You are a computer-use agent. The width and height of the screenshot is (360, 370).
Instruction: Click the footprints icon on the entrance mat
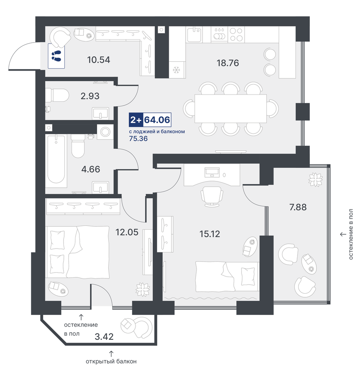coord(56,56)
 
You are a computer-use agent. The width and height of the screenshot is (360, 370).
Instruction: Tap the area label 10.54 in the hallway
coord(99,60)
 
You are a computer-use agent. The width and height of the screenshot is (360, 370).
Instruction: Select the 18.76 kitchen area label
coord(228,63)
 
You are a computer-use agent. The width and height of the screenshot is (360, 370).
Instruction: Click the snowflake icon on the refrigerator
coord(176,70)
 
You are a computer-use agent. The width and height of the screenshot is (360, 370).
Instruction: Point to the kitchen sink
coord(194,34)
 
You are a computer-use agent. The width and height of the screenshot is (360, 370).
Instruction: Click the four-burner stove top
coord(236,34)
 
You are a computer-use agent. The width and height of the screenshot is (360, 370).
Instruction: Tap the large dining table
coord(231,109)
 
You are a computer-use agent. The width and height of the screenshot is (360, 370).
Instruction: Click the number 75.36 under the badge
coord(138,139)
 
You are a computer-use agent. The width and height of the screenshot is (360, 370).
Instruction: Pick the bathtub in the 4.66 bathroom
coord(56,159)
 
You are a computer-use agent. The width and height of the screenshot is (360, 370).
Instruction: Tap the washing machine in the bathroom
coord(105,132)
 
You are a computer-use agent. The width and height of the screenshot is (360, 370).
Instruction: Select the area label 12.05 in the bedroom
coord(127,232)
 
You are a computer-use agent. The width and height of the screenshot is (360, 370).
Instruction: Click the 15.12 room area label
coord(210,234)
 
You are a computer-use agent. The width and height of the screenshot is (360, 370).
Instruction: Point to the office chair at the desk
coord(212,196)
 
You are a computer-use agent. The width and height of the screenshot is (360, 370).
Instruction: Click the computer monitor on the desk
coord(212,172)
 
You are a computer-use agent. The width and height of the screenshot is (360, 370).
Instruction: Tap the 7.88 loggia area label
coord(298,207)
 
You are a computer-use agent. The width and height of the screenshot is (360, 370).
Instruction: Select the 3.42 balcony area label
coord(104,337)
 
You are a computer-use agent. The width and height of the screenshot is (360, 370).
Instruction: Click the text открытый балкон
coord(111,361)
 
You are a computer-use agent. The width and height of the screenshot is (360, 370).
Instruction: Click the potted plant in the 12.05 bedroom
coord(143,289)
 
